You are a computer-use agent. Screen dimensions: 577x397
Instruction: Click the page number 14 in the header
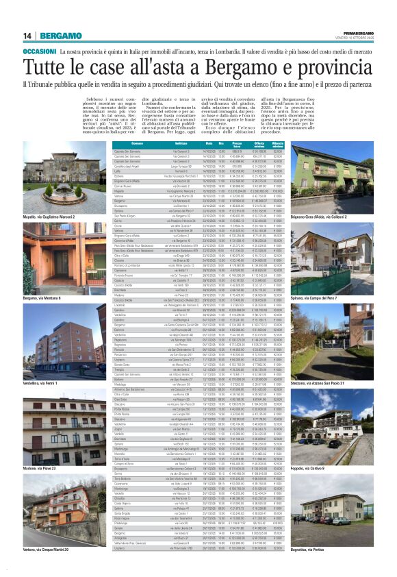(27, 35)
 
